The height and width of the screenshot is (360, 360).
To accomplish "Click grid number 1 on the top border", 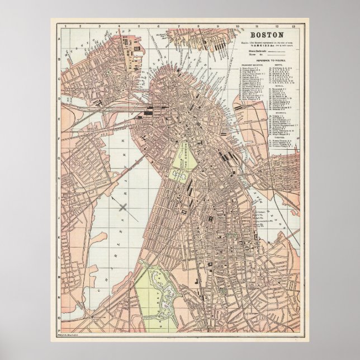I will tap(65, 26).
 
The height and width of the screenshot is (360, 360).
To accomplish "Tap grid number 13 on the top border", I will tap(301, 26).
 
